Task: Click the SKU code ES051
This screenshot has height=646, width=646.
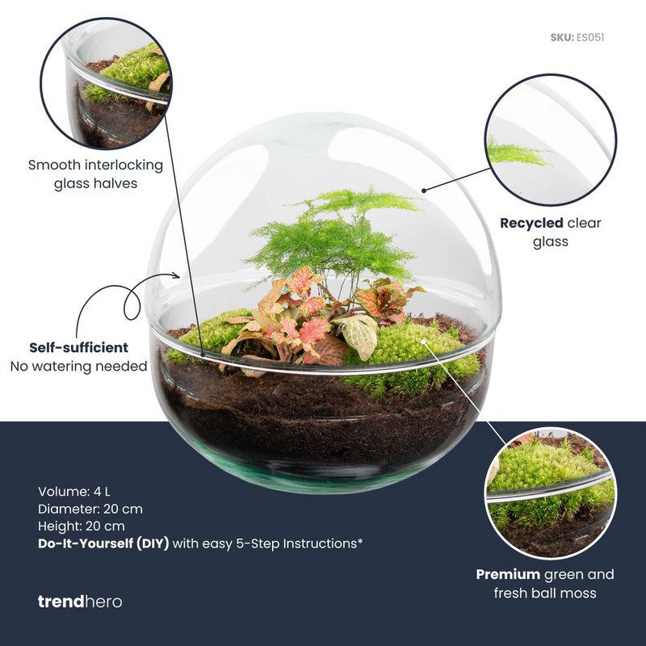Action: click(590, 37)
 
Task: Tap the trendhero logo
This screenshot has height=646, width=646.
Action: click(80, 602)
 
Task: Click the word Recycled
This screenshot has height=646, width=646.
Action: click(531, 224)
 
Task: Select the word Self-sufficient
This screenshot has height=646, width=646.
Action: click(78, 348)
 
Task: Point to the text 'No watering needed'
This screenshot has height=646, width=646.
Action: click(78, 367)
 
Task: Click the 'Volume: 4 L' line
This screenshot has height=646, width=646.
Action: click(74, 492)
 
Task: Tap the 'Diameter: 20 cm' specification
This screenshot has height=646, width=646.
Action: click(90, 509)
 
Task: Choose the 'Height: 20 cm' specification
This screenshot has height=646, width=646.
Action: click(82, 526)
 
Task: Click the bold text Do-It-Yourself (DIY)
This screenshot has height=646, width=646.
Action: click(103, 543)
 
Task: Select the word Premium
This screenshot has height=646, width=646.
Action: click(508, 574)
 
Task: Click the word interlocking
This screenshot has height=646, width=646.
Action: click(124, 166)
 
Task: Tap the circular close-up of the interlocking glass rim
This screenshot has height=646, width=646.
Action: click(107, 83)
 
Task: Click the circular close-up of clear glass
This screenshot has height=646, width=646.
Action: click(551, 140)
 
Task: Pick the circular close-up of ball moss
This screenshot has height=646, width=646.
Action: click(551, 493)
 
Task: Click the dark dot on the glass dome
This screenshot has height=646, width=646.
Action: click(423, 191)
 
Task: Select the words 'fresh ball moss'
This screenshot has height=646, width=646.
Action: click(545, 594)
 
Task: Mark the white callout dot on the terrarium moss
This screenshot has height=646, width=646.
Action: click(422, 341)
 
